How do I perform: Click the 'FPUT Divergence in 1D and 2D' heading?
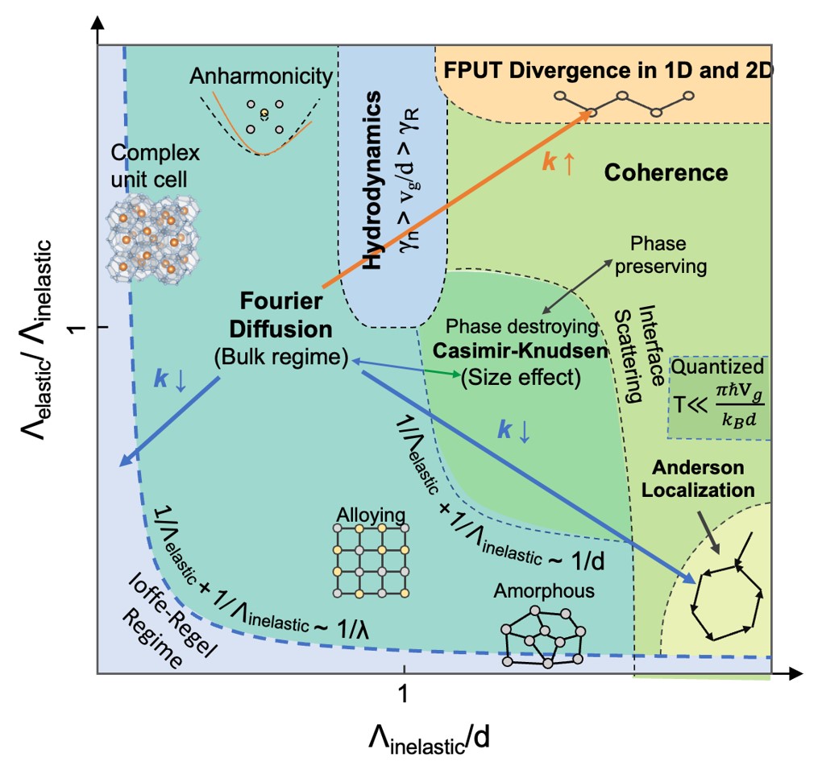(x=608, y=69)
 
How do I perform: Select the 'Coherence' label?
(x=666, y=172)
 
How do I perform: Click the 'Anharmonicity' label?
(x=261, y=77)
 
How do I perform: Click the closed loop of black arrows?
(x=725, y=594)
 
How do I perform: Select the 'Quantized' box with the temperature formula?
(x=718, y=398)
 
